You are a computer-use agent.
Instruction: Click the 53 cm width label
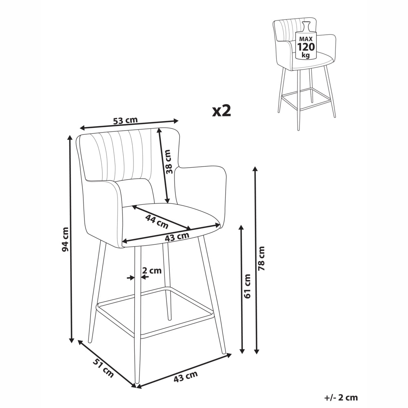125,120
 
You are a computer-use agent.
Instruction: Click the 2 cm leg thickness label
152,271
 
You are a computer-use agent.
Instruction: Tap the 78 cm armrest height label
261,258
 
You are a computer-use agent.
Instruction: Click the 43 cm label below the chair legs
186,376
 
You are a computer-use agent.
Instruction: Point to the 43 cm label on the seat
177,237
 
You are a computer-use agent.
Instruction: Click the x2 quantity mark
222,111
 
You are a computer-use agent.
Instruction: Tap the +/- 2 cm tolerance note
341,397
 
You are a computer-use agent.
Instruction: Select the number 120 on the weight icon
306,47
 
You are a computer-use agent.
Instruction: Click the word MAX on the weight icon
306,39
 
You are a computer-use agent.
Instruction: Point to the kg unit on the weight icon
306,55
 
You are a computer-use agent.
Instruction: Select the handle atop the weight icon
306,26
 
